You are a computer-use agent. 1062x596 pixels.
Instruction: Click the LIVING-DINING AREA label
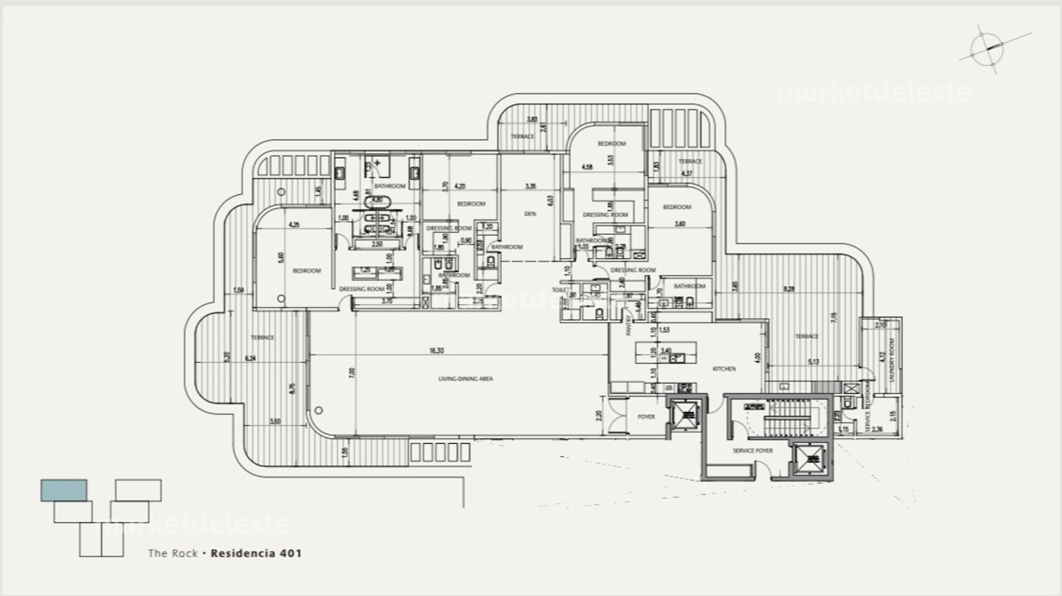pos(465,379)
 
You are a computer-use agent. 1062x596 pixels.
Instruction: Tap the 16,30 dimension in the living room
pos(436,351)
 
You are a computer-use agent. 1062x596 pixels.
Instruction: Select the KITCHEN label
pos(724,369)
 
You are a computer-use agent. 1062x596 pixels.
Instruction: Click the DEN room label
pos(530,214)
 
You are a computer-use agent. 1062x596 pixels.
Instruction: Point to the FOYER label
pos(646,417)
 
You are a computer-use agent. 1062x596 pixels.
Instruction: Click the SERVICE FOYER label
pos(753,451)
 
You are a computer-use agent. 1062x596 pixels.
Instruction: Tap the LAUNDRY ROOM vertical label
pos(891,360)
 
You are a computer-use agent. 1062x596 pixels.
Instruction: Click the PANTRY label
pos(628,326)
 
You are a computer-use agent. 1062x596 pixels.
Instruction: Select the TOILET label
pos(559,290)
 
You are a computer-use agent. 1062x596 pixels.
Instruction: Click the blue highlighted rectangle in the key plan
pos(64,490)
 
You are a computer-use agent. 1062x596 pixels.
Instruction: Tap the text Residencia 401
pos(257,553)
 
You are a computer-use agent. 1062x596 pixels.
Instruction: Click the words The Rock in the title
pos(173,553)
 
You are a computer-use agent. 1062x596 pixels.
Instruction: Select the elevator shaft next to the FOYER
pos(686,415)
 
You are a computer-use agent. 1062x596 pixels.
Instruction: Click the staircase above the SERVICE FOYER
pos(787,417)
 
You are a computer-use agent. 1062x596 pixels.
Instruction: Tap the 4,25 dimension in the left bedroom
pos(294,225)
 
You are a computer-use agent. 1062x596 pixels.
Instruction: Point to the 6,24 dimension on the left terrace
pos(251,358)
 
